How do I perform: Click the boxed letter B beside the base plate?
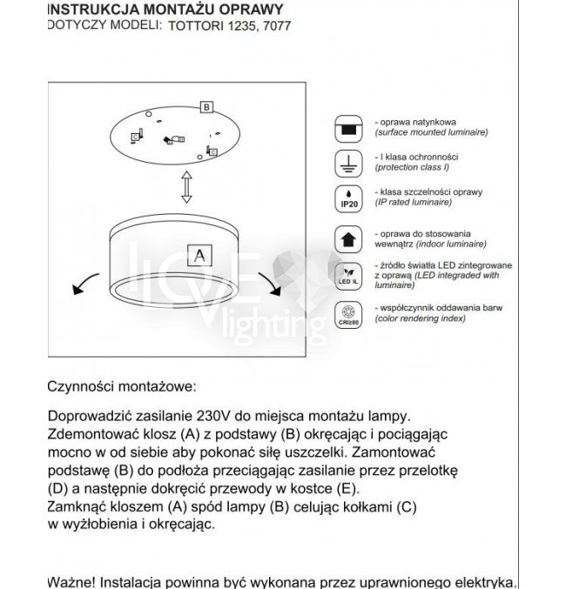click(206, 107)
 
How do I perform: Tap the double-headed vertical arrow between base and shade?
click(185, 187)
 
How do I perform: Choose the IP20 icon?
click(348, 197)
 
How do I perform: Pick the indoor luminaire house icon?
click(348, 238)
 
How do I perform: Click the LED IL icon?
click(348, 274)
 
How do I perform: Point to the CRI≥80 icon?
click(348, 313)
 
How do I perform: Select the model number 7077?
click(277, 26)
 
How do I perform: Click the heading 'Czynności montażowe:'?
click(123, 385)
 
